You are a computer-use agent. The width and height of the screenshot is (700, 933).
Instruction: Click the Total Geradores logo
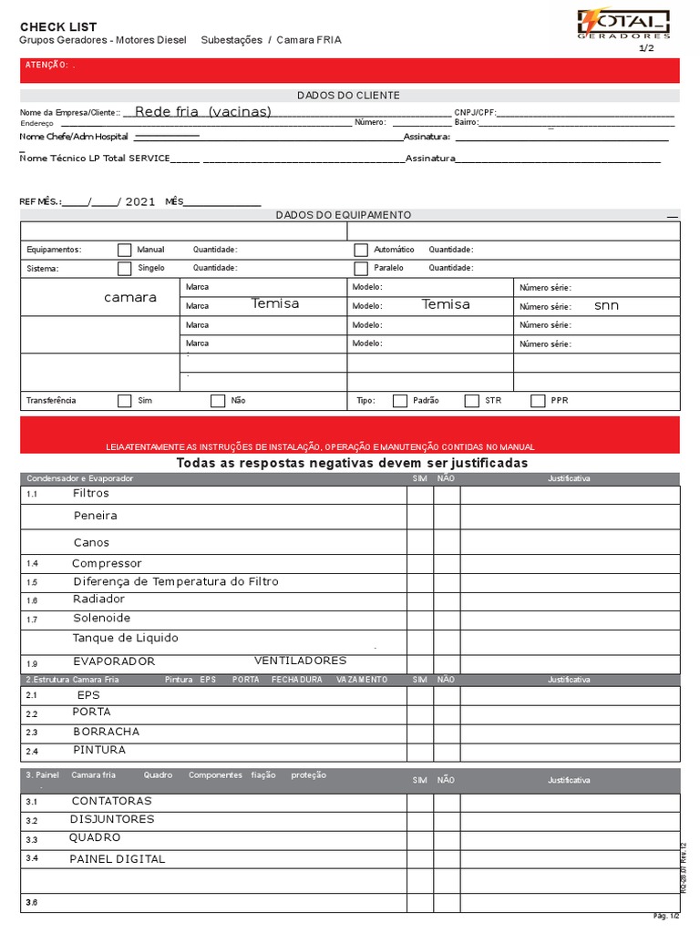click(x=624, y=25)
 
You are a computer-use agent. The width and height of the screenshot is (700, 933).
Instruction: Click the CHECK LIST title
click(x=58, y=27)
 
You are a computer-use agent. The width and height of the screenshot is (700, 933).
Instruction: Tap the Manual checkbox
click(x=124, y=250)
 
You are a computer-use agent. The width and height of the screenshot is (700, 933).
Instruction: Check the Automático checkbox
click(x=361, y=250)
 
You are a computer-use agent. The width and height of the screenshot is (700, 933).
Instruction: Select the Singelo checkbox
click(x=124, y=269)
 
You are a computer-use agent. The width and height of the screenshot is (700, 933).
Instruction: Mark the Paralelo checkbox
click(x=361, y=269)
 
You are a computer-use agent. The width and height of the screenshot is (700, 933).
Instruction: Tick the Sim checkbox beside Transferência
click(x=124, y=401)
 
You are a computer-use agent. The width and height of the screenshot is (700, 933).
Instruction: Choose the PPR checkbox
click(x=538, y=401)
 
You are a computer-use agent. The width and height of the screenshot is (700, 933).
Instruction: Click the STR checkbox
click(x=471, y=401)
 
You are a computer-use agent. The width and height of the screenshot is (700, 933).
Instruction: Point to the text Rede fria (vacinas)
click(x=202, y=112)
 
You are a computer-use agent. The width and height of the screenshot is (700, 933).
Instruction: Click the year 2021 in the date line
click(x=140, y=202)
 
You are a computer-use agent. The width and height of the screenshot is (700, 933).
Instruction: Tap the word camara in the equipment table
click(x=130, y=298)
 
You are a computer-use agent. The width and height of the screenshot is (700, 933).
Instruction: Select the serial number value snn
click(x=606, y=306)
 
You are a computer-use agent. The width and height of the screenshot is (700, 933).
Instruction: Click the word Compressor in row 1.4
click(x=107, y=564)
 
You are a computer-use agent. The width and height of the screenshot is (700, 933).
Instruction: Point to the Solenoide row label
click(x=101, y=619)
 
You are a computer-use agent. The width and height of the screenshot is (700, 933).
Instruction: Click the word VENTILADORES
click(x=300, y=661)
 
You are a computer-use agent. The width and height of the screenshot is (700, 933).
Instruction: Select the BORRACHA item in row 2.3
click(x=106, y=732)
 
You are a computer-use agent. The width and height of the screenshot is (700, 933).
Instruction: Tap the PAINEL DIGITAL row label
click(x=118, y=859)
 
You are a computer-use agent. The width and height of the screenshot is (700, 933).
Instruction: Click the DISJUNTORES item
click(x=112, y=819)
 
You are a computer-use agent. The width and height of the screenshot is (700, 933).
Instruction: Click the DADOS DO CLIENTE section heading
click(x=348, y=96)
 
